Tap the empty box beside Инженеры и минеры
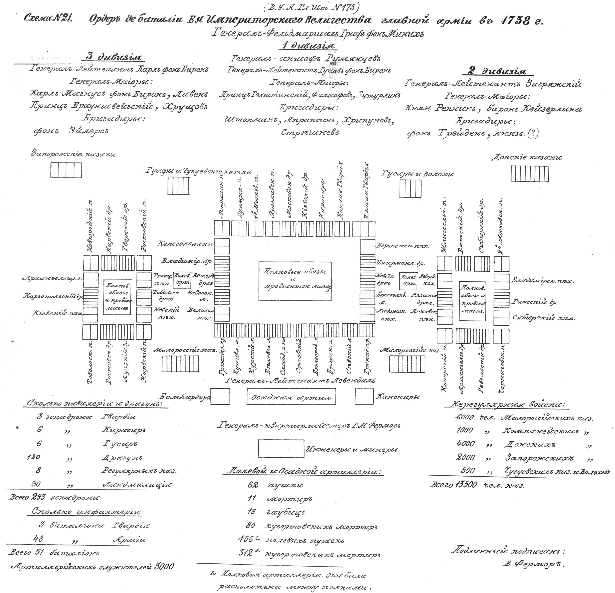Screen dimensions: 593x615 click(281, 449)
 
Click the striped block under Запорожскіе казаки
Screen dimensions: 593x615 click(66, 170)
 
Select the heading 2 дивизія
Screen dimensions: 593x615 click(495, 71)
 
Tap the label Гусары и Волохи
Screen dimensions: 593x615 click(417, 174)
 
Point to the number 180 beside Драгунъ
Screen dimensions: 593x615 click(34, 457)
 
